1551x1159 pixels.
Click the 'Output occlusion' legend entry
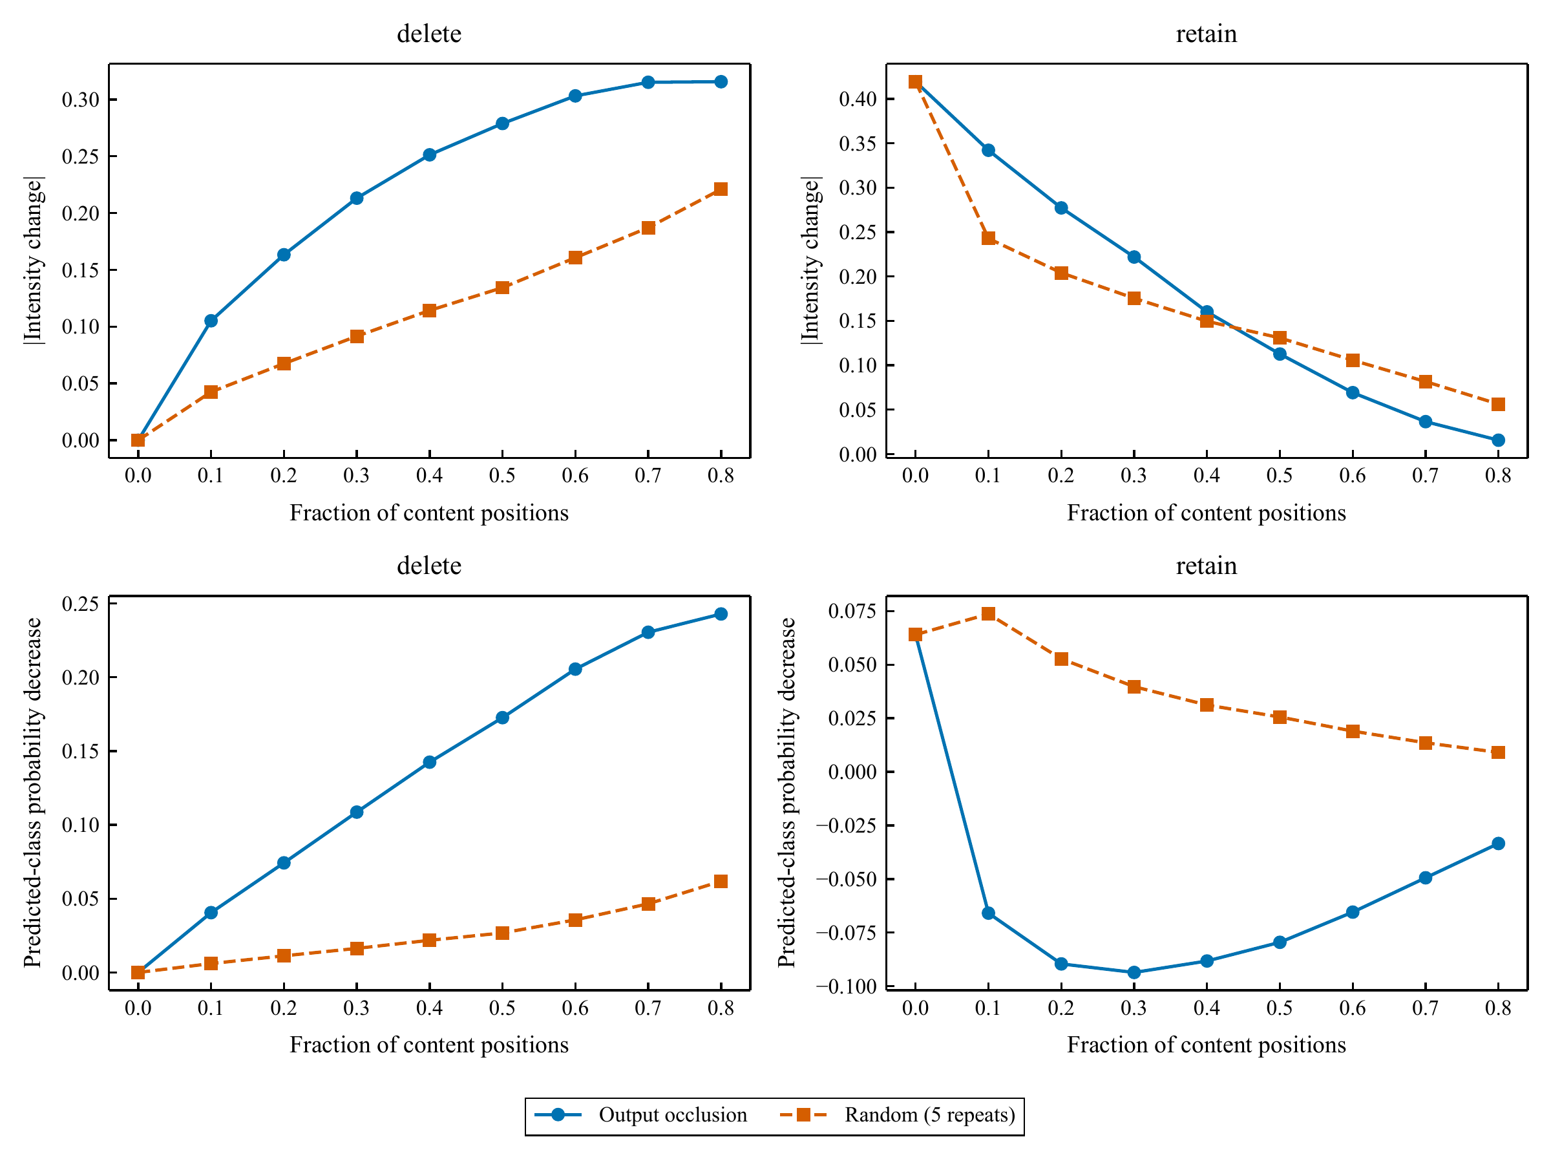click(641, 1115)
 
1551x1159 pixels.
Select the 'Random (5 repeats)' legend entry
click(898, 1115)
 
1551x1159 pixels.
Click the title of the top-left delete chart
click(429, 34)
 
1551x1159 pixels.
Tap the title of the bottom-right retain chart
click(1206, 566)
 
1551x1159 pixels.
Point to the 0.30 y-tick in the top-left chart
click(81, 100)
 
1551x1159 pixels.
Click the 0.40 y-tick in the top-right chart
click(858, 99)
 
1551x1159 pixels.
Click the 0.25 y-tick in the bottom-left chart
click(81, 604)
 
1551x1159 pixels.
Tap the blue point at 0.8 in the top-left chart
click(721, 82)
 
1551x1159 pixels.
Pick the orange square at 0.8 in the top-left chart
click(721, 189)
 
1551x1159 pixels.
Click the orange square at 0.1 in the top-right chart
click(989, 239)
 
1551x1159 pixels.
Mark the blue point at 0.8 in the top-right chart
click(1499, 440)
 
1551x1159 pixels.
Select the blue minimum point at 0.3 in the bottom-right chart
click(1134, 972)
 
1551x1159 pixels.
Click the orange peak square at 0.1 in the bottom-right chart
click(989, 614)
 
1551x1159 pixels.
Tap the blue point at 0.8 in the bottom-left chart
click(721, 614)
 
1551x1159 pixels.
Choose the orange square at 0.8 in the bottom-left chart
click(721, 881)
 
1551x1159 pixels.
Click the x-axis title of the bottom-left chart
click(429, 1045)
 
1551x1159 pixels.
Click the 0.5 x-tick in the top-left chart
click(502, 476)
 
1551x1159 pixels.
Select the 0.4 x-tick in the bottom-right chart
click(1207, 1008)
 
